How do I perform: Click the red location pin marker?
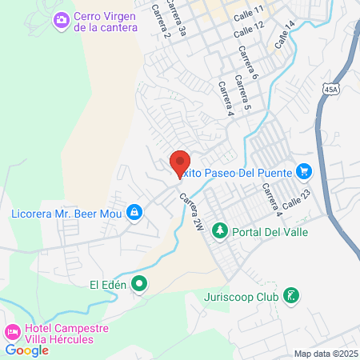coord(180,164)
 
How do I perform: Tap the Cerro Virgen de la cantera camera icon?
coord(62,20)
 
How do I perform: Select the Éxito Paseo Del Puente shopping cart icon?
coord(303,170)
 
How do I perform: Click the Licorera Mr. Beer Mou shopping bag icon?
coord(134,213)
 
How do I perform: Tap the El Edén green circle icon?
coord(140,282)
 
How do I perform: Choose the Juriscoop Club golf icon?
coord(292,296)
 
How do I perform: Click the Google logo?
coord(26,350)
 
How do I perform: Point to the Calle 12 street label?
coord(249,31)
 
